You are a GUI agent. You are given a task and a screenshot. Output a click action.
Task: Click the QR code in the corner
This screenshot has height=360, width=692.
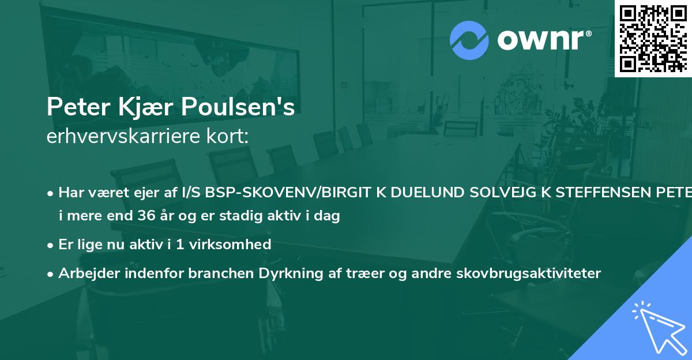coord(653,38)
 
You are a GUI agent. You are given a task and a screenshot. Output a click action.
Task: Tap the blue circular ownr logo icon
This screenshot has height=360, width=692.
coord(469,40)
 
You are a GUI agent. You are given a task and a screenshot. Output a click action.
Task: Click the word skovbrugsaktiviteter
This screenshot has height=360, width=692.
coord(540,273)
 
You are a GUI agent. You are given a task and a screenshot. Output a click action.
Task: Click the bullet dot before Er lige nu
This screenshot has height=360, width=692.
coord(51,245)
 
